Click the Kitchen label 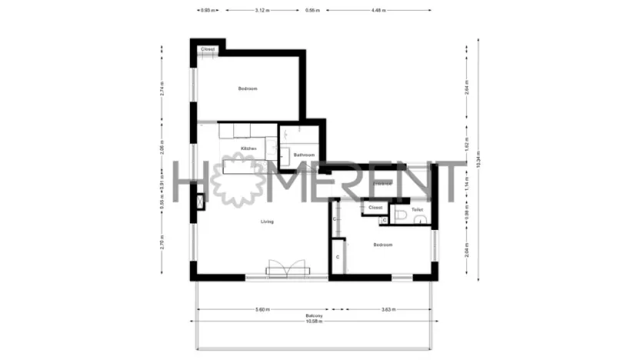click(248, 148)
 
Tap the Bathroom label click(305, 155)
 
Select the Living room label click(267, 222)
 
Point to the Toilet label click(418, 208)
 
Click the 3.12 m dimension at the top click(262, 11)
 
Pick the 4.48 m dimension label click(378, 11)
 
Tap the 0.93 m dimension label click(205, 11)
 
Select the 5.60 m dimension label click(262, 309)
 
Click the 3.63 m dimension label click(388, 309)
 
